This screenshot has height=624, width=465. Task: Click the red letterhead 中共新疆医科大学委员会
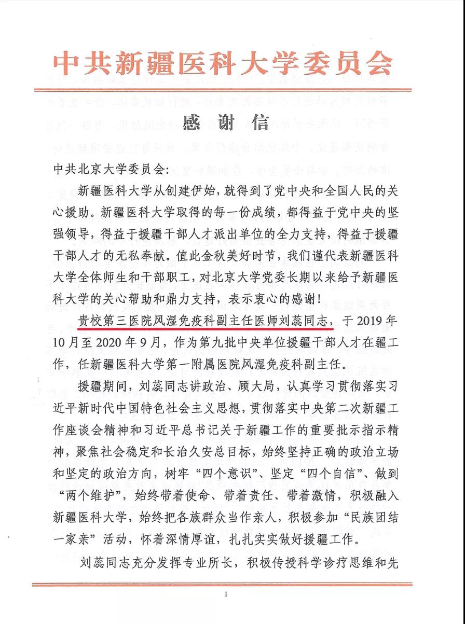(x=224, y=64)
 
